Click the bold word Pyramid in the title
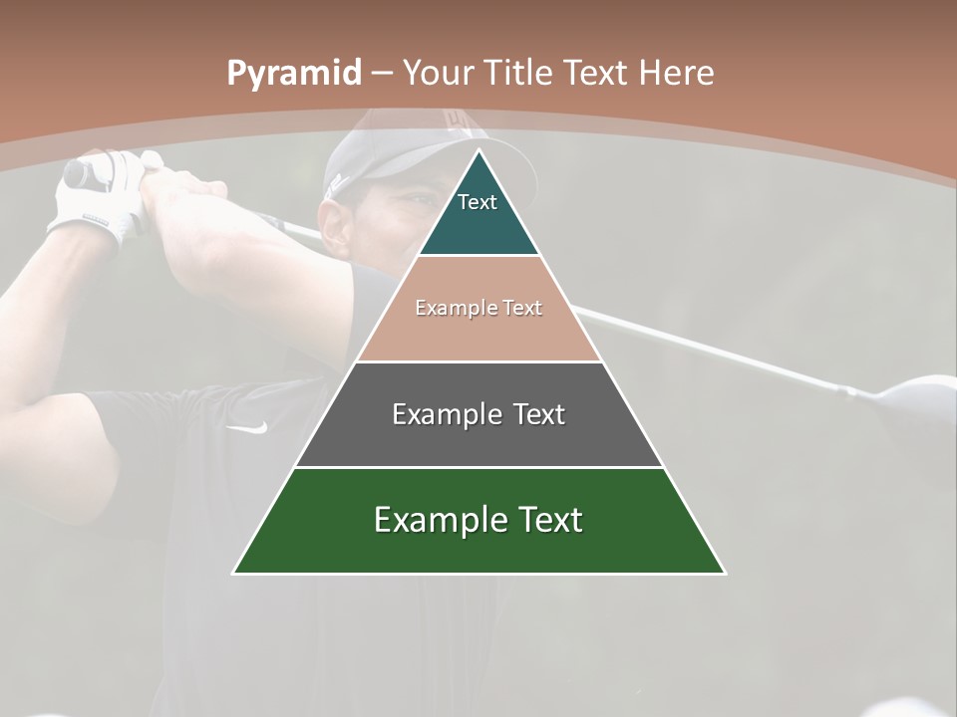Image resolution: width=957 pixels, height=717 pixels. click(293, 74)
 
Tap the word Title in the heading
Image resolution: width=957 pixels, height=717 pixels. click(519, 73)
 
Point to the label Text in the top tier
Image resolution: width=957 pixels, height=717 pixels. click(478, 202)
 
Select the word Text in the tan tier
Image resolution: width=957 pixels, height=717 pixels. click(523, 308)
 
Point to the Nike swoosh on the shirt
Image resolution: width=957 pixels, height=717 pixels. click(247, 428)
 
